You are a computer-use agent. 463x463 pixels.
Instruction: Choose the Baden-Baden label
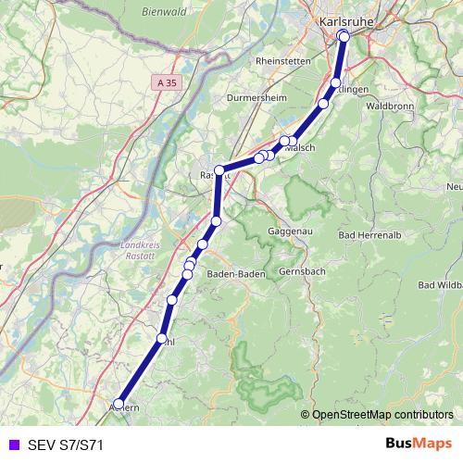click(236, 274)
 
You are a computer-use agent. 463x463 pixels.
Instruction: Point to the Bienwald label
click(165, 12)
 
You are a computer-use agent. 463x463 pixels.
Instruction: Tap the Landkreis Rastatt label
click(141, 249)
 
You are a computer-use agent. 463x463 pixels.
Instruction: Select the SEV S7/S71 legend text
click(66, 444)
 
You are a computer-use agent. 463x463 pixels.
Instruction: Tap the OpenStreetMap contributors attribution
click(382, 416)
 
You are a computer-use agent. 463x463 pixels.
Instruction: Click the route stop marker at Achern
click(118, 403)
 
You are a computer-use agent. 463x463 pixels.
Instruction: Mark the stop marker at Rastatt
click(219, 169)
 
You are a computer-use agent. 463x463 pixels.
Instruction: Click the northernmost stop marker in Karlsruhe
click(343, 35)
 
